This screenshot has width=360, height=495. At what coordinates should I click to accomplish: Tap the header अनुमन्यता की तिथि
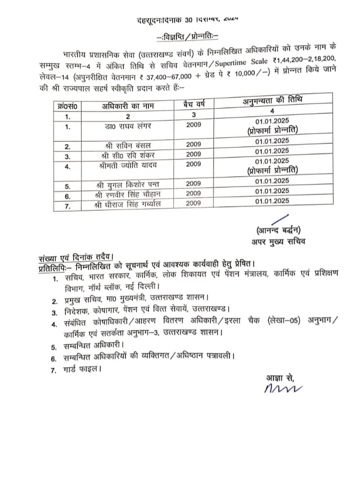tap(272, 100)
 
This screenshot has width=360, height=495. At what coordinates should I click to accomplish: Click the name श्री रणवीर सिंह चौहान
tap(131, 194)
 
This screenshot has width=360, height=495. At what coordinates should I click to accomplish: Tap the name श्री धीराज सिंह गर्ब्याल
tap(131, 203)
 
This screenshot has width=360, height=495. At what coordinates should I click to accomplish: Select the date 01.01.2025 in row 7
tap(271, 201)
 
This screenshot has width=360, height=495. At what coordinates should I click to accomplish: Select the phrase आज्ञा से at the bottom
tap(277, 378)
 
